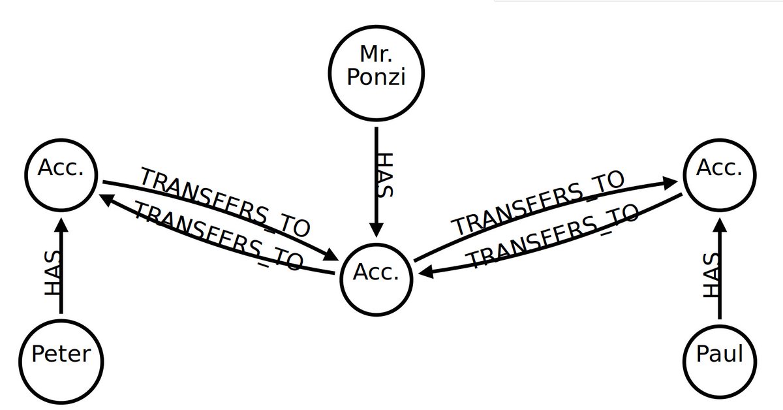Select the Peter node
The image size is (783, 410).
pos(61,355)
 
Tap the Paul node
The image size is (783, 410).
pos(720,355)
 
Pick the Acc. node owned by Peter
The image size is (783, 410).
pos(61,170)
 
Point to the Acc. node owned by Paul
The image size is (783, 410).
pos(720,170)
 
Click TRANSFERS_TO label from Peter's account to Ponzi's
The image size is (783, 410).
pos(225,202)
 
